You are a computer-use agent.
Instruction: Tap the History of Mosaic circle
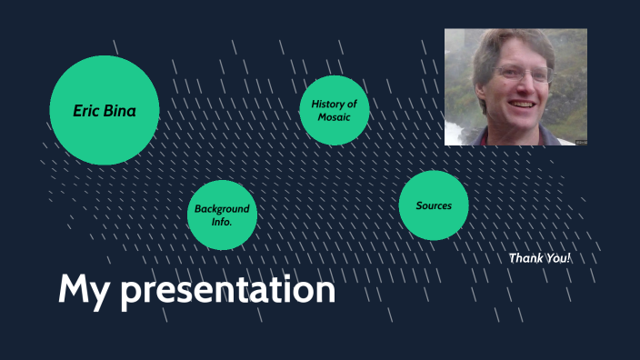point(334,111)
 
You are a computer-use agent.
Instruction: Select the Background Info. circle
point(222,215)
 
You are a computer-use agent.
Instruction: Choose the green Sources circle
point(434,205)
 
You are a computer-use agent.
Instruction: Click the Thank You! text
point(540,258)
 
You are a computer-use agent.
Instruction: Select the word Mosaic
point(334,118)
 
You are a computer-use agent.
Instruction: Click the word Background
point(222,209)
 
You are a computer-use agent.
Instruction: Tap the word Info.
point(222,222)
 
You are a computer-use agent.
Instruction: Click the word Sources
point(434,205)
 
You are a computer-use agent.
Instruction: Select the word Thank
point(525,258)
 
